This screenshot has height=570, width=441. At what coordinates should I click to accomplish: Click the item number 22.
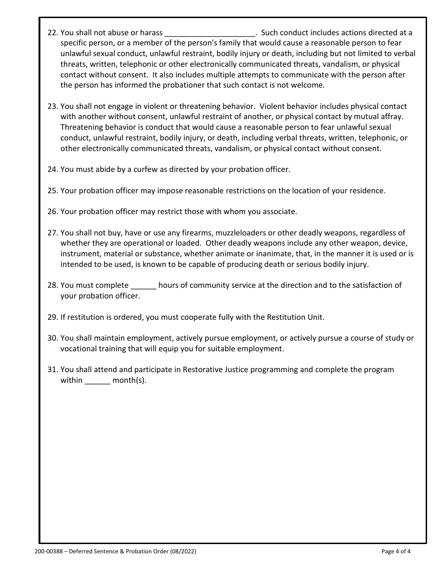pos(52,32)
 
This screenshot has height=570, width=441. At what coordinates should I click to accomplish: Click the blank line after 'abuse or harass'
pos(210,33)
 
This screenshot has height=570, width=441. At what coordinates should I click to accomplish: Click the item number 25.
pos(52,190)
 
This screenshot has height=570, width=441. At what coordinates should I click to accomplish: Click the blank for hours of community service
pos(143,286)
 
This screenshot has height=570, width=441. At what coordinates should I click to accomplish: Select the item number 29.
pos(52,317)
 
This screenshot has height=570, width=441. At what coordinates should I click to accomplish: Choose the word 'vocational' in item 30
pos(78,348)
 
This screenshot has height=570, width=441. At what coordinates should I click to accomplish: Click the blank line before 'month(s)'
pos(97,381)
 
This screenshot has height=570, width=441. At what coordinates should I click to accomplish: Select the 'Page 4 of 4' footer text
pos(396,551)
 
